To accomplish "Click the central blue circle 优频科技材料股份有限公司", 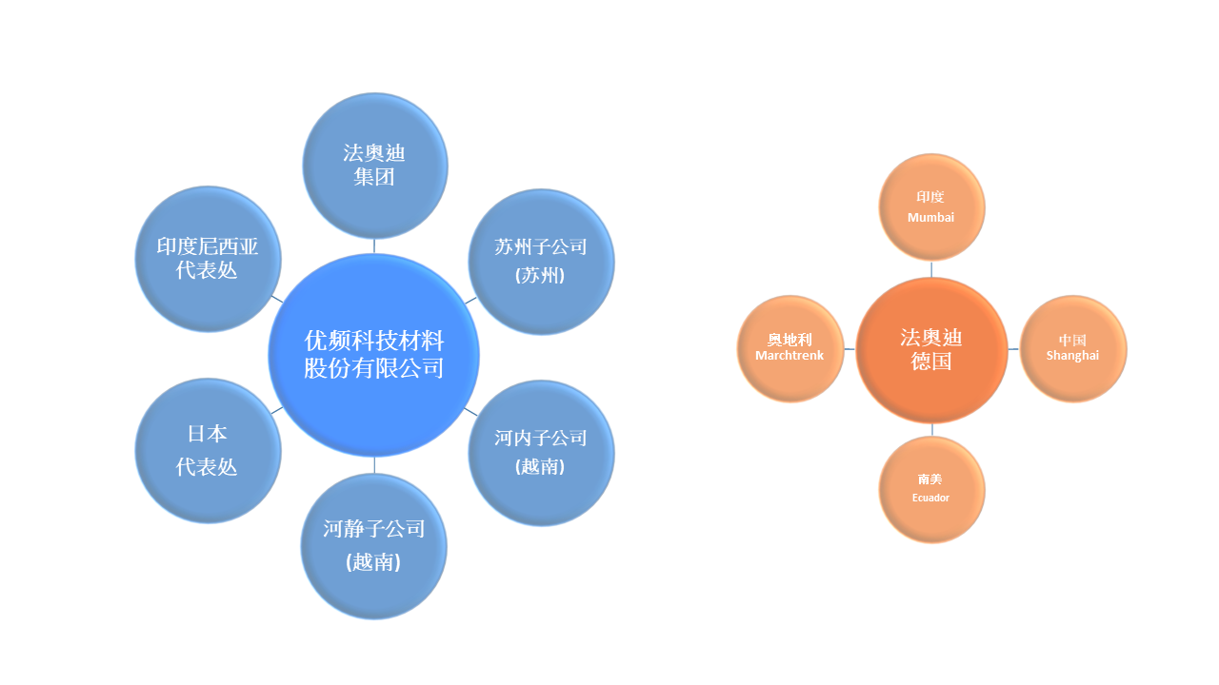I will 373,355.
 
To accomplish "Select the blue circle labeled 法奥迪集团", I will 374,166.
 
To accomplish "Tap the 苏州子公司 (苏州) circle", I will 541,262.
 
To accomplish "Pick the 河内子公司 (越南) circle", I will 541,453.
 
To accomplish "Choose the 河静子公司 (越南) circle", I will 373,545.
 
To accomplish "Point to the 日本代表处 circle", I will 208,450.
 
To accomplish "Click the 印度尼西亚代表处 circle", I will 208,259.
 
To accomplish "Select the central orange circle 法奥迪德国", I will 931,349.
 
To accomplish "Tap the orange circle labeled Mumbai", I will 930,207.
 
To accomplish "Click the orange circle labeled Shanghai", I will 1072,348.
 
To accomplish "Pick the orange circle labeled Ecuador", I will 930,489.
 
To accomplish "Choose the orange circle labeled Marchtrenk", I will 790,348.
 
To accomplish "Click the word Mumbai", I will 930,218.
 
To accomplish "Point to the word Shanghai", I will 1072,356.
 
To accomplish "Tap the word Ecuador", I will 930,498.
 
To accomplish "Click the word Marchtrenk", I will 789,356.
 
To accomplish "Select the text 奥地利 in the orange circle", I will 789,340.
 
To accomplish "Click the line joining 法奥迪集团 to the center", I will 374,245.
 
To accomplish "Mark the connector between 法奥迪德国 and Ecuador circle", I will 932,430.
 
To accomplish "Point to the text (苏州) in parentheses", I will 540,275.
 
